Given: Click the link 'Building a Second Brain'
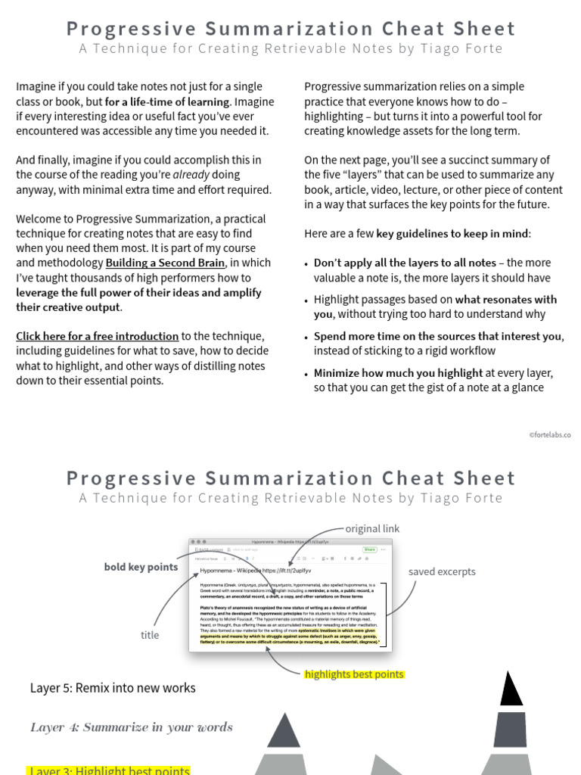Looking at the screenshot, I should coord(165,263).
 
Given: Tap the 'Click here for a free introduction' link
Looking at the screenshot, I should coord(98,336).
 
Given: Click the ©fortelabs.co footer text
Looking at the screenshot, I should coord(550,435).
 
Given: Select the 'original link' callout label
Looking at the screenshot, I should coord(372,529).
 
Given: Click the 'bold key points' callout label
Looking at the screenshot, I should coord(141,567).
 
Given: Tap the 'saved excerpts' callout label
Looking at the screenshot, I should coord(442,571).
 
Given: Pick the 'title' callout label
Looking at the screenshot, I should coord(150,635).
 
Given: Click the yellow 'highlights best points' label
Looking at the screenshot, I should coord(354,674).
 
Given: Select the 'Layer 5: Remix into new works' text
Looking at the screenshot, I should coord(113,688).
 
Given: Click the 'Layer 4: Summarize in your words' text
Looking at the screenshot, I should coord(132,727).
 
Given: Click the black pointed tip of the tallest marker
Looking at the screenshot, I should coord(511,688).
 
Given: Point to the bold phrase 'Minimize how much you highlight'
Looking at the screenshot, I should coord(398,372).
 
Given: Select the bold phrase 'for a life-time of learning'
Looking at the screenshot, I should coord(167,101).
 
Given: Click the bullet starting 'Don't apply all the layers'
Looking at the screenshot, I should coord(405,263).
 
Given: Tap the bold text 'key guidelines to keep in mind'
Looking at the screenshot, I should coord(452,233).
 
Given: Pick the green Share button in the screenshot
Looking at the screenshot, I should coord(369,549).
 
